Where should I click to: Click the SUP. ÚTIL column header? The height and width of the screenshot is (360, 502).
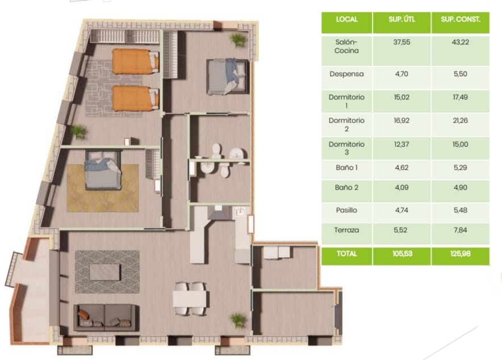(402, 19)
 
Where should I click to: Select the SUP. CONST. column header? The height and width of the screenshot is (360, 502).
(461, 19)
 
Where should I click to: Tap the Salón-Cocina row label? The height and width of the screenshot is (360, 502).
(346, 47)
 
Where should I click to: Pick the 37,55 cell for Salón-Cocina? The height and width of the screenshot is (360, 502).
(402, 42)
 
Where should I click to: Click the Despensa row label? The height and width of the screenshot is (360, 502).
(346, 74)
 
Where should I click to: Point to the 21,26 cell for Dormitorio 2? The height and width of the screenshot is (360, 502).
(460, 120)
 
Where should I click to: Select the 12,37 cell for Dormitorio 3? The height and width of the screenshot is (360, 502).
(401, 144)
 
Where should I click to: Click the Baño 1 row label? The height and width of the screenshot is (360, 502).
(347, 168)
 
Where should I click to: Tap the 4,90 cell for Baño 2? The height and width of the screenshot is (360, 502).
(461, 188)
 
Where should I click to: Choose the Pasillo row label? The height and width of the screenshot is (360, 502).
(346, 210)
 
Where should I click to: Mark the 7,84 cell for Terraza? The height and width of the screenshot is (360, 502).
(461, 230)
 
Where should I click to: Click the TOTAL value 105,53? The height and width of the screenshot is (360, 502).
(402, 254)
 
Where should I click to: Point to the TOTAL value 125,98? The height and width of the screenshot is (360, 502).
(461, 254)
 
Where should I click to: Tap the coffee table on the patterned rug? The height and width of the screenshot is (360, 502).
(105, 272)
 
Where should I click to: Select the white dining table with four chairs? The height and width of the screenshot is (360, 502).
(190, 299)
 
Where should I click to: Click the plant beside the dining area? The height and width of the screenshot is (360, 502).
(238, 320)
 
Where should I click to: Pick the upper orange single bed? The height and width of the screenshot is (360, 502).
(135, 61)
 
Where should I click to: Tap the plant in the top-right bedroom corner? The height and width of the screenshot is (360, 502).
(238, 40)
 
